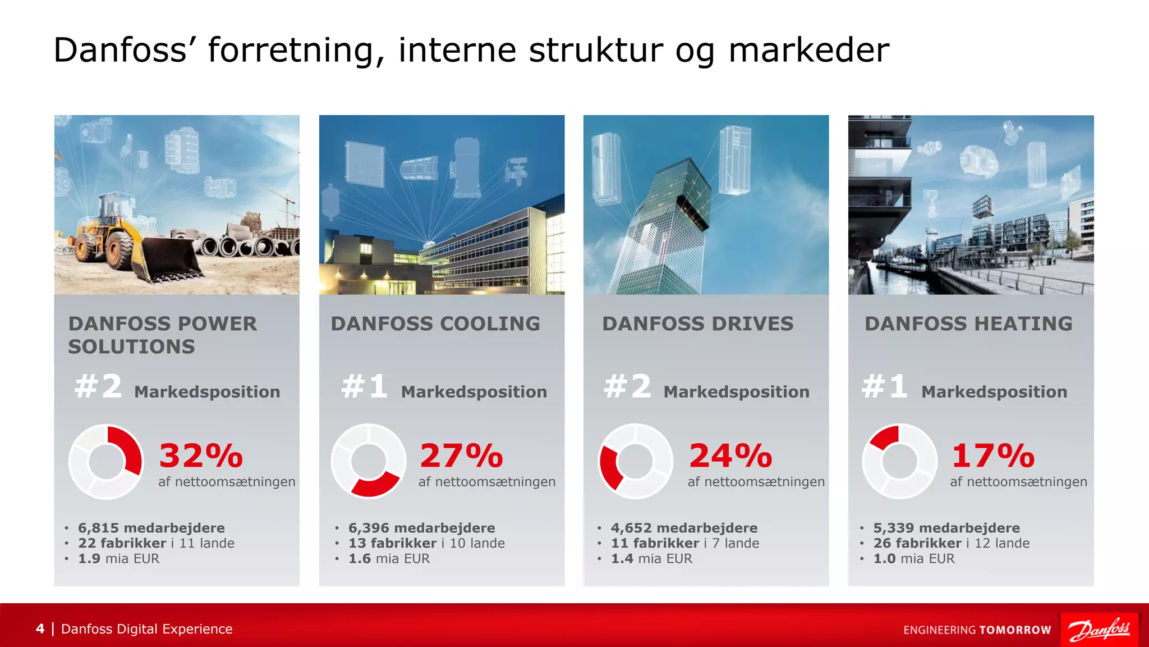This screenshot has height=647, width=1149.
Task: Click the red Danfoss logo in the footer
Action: coord(1099,630)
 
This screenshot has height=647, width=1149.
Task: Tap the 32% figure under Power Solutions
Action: coord(201,455)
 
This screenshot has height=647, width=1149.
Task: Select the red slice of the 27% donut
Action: coord(375,485)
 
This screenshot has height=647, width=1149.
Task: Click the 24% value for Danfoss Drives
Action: coord(730,455)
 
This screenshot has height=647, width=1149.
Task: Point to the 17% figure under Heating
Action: coord(993,455)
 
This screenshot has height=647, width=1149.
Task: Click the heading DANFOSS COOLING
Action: coord(435,324)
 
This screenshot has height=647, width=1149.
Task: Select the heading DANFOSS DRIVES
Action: coord(698,324)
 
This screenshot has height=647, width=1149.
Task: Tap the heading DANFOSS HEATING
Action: coord(968,324)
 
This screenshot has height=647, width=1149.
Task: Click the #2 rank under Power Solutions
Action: coord(99,387)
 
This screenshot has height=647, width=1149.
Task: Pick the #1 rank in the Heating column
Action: coord(885,387)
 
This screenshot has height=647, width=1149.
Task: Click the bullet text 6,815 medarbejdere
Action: coord(151,528)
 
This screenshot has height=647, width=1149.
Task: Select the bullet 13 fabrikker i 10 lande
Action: coord(426,543)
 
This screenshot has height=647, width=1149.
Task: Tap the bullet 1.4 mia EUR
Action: coord(651,559)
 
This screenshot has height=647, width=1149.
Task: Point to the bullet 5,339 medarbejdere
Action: coord(946,528)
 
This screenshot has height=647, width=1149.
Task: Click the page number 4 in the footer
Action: coord(40,629)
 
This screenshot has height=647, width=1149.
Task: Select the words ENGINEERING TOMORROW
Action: coord(977,630)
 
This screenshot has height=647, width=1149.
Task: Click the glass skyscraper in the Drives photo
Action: coord(668,225)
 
